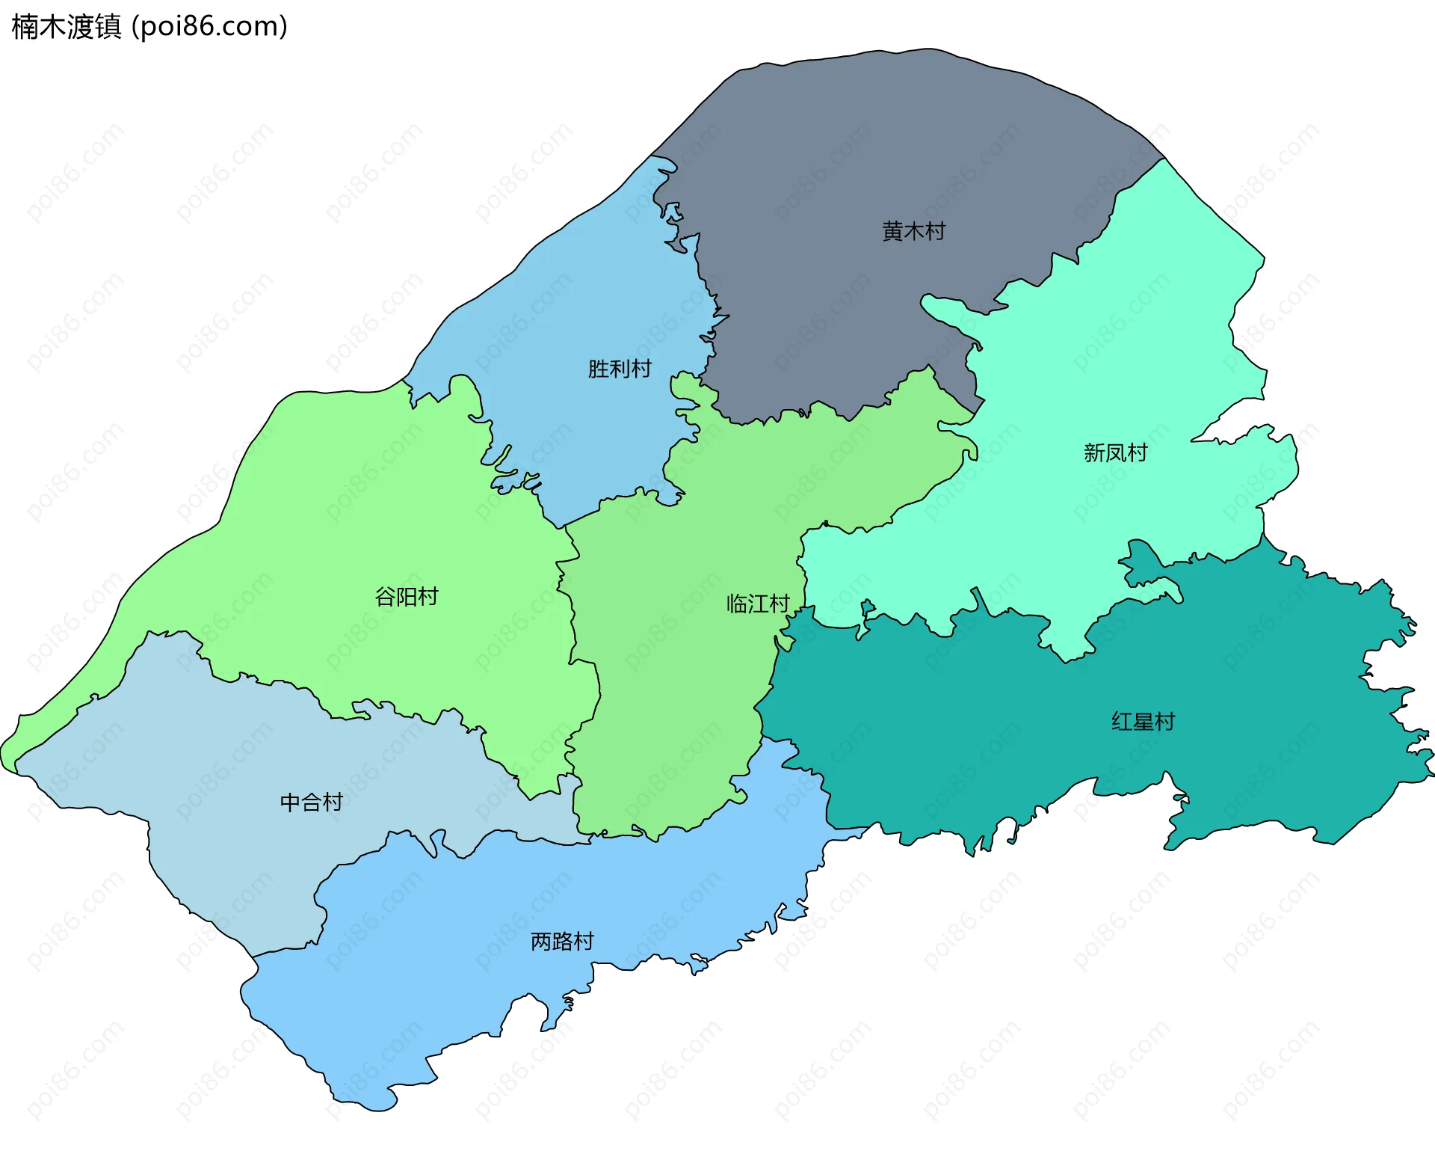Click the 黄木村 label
(913, 231)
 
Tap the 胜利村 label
(619, 369)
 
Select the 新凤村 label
(1115, 452)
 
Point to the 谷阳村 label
(406, 597)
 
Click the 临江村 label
(758, 604)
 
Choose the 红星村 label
(1143, 722)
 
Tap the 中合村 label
(311, 803)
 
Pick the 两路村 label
(562, 942)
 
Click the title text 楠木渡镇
(66, 27)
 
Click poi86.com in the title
(209, 27)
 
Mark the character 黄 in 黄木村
(892, 231)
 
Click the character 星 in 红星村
(1143, 722)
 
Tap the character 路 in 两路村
(562, 942)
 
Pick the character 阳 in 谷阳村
(406, 597)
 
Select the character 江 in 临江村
(758, 604)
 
